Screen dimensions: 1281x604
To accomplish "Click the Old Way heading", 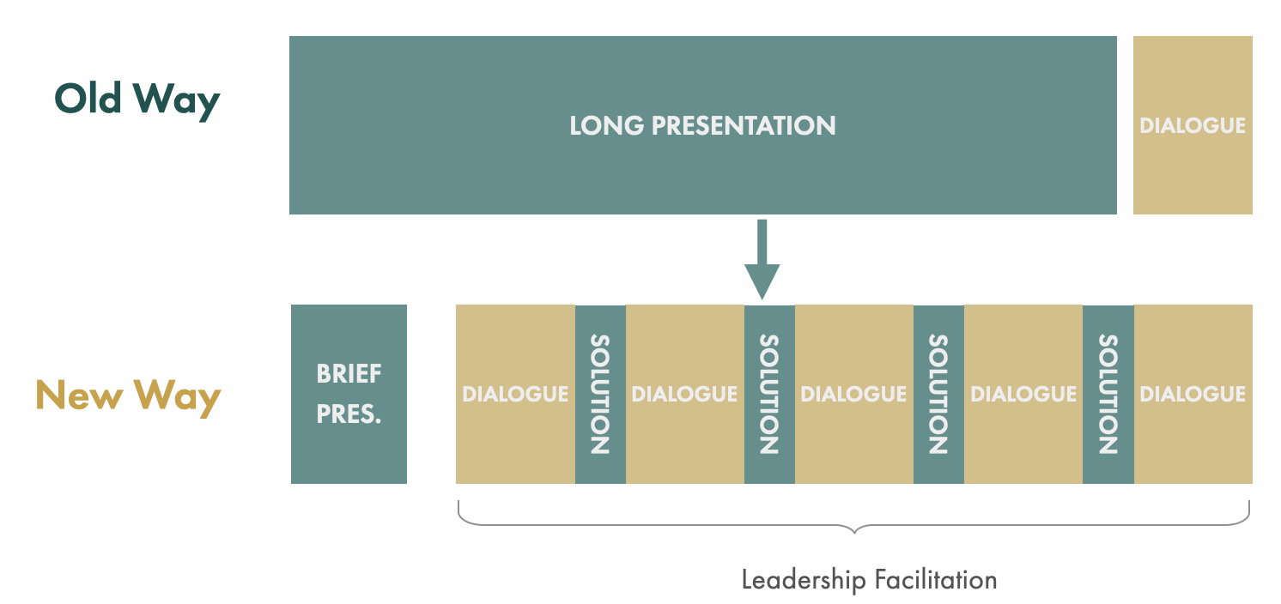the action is [x=137, y=100].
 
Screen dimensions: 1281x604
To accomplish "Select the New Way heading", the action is [x=129, y=396].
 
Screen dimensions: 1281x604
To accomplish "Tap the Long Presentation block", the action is [x=702, y=125].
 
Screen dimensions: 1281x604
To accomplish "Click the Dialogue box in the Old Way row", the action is [x=1193, y=125].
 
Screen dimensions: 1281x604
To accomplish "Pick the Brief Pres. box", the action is [x=349, y=394].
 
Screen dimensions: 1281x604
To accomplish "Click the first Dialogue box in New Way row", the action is [x=515, y=394].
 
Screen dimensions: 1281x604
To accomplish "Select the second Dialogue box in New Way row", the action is [x=684, y=394].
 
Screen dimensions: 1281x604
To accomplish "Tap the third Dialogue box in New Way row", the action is [x=853, y=394].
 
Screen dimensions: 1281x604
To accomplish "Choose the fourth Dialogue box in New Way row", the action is [x=1023, y=394].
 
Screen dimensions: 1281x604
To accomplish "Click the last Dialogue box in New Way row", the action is [x=1193, y=394].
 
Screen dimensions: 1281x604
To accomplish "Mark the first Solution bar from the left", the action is [x=600, y=394].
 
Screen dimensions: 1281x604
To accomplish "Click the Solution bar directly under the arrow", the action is [x=769, y=394].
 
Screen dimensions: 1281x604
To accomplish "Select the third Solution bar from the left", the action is [x=938, y=394].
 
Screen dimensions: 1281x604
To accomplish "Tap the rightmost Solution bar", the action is [x=1108, y=394].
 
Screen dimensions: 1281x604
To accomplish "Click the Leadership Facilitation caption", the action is [x=869, y=580].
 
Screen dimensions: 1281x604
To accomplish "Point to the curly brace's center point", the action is [x=854, y=530].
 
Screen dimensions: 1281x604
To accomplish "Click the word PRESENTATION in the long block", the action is [x=744, y=125].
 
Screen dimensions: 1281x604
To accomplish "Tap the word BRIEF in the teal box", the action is [x=349, y=374].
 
